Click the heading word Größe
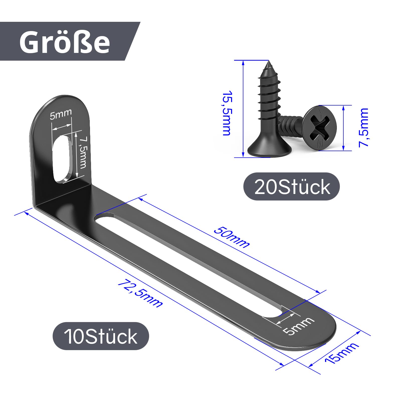coord(65,42)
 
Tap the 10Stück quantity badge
coord(101,336)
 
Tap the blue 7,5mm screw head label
coord(364,128)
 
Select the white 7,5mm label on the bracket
coord(82,152)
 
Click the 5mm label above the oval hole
coord(61,114)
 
